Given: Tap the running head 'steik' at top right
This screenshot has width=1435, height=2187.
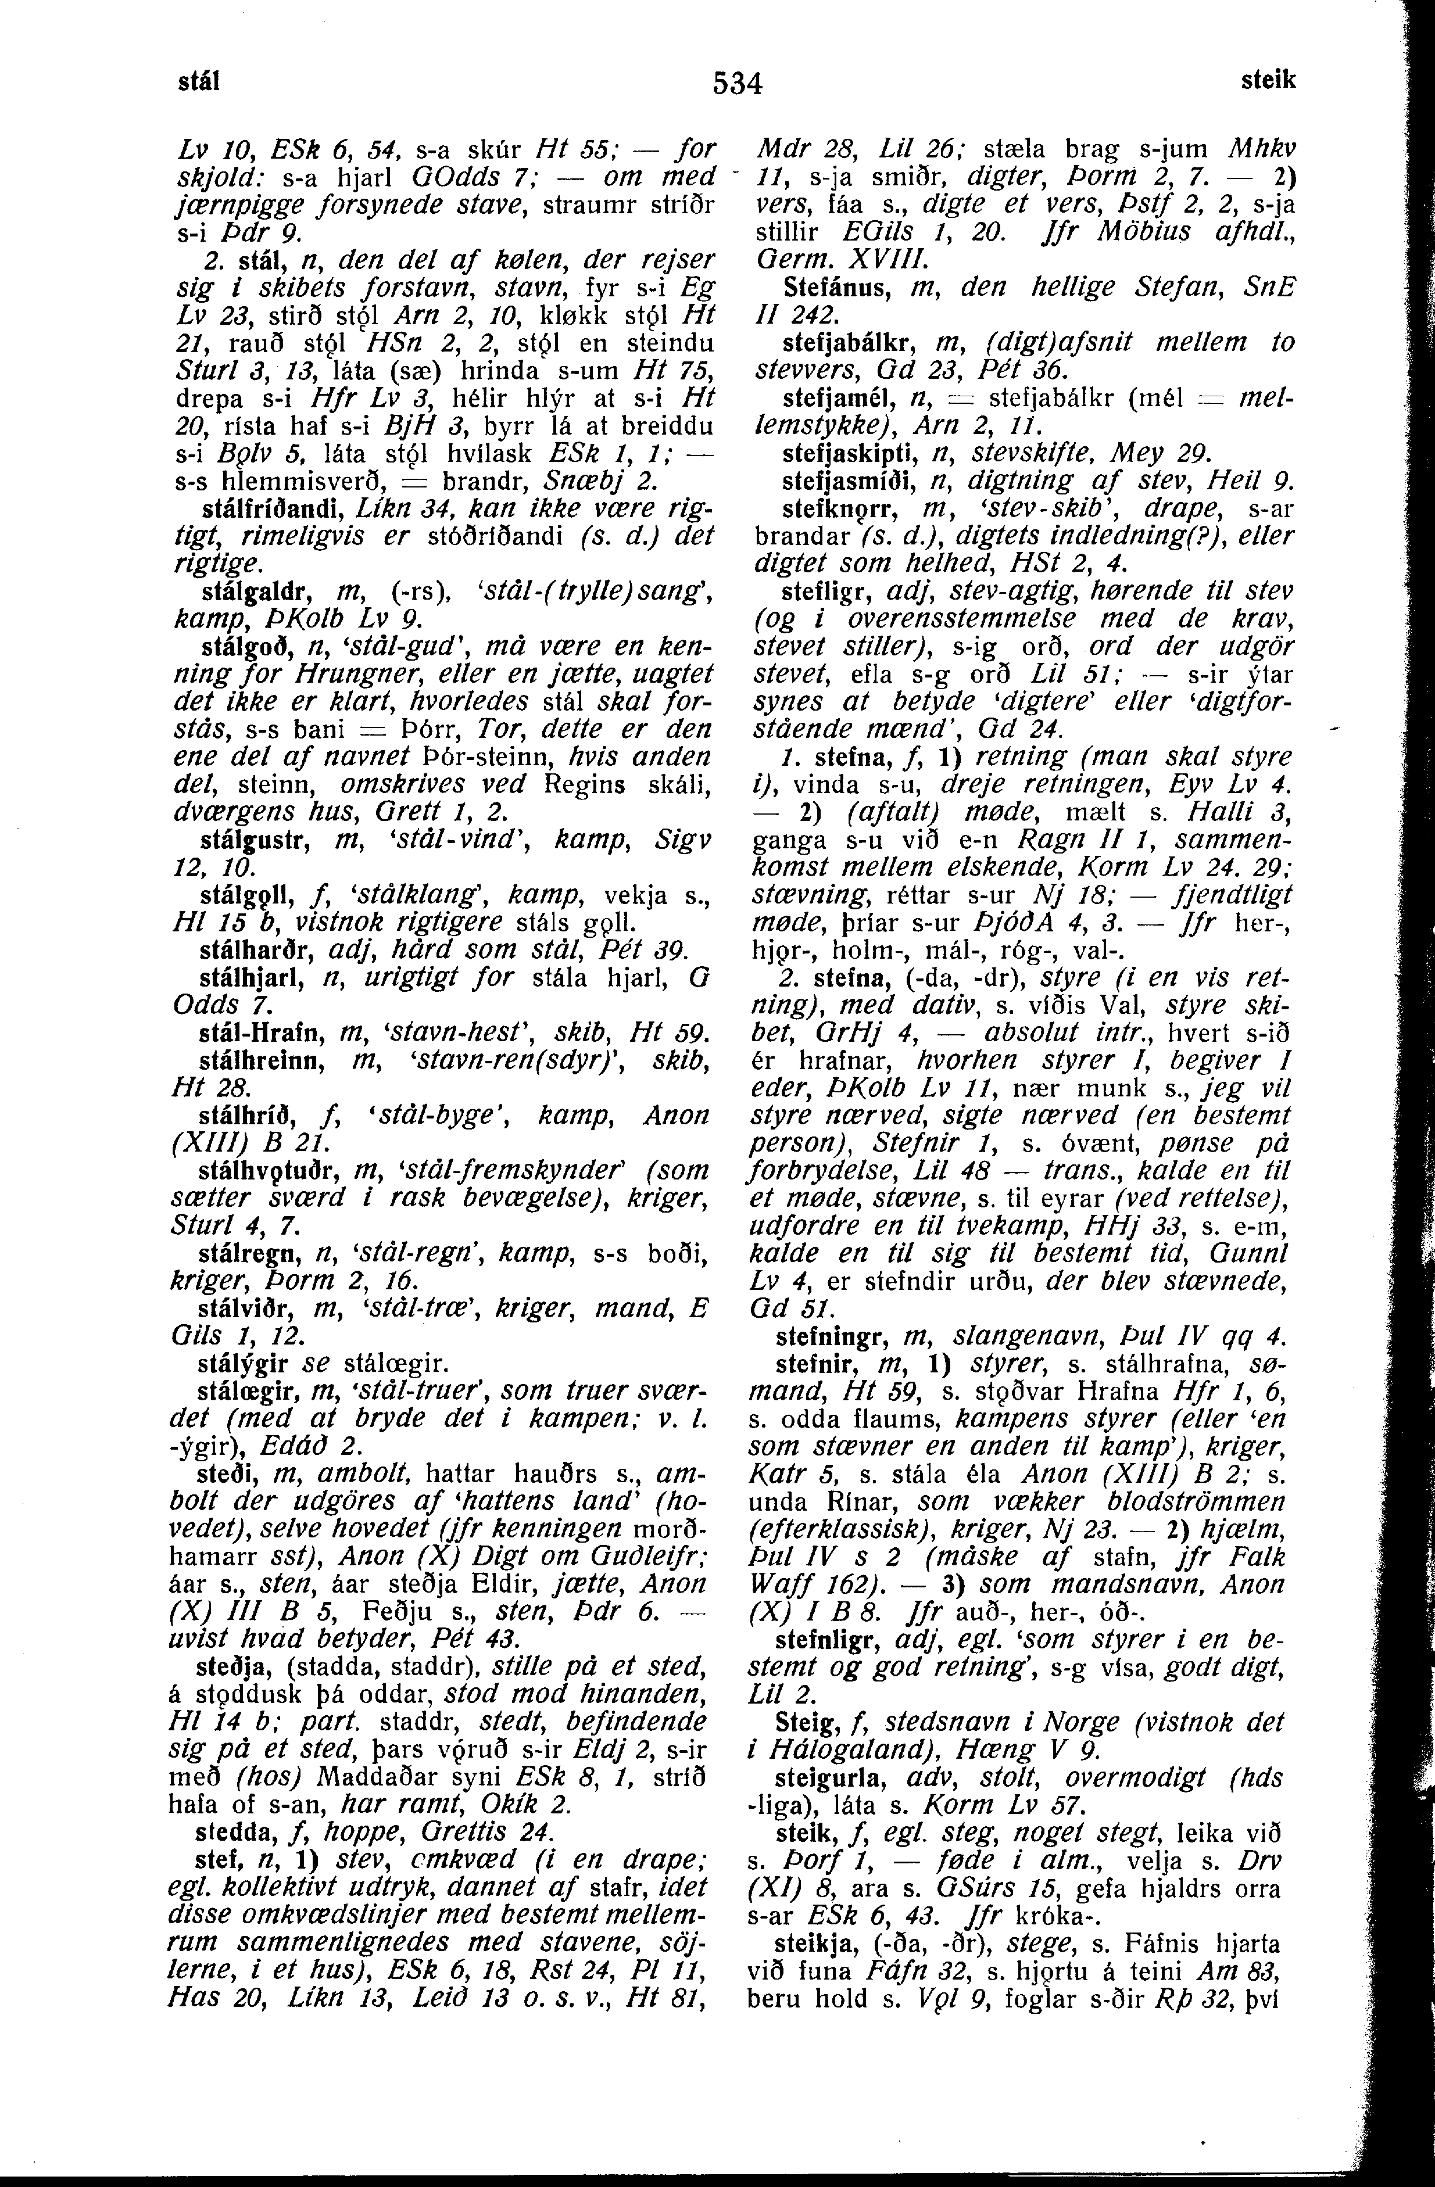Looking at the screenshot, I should [x=1268, y=81].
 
